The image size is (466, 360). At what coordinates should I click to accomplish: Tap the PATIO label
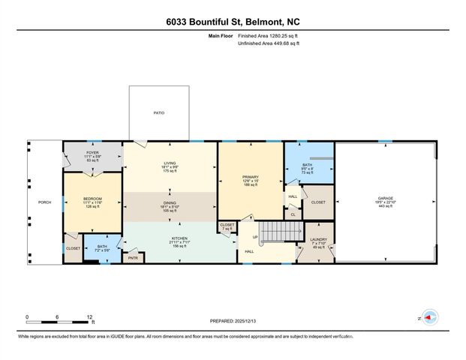158,112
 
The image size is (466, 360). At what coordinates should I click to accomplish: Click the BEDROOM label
92,200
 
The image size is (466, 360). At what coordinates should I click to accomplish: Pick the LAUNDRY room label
317,240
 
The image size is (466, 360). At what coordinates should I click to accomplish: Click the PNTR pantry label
134,258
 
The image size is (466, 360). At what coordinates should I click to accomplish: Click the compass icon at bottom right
431,317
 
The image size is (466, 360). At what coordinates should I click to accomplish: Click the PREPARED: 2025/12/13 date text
233,320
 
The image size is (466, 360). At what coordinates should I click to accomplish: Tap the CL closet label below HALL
293,214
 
